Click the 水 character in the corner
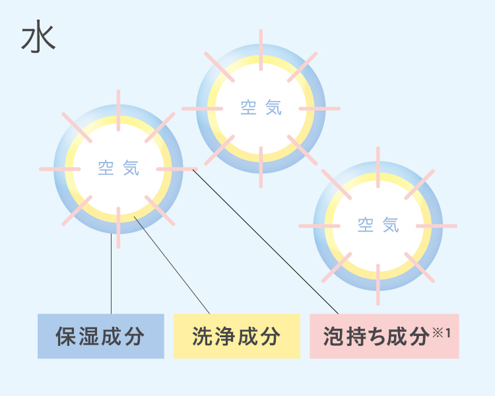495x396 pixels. [x=38, y=40]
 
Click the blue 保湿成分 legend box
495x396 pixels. [x=100, y=336]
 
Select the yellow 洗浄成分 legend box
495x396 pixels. [x=236, y=336]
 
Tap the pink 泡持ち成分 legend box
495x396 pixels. [x=384, y=336]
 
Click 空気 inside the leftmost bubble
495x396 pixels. [x=119, y=168]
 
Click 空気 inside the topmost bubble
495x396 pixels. [x=261, y=108]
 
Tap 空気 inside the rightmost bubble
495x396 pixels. [x=378, y=225]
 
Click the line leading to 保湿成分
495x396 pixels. [x=112, y=277]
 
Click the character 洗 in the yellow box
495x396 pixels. [x=201, y=337]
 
